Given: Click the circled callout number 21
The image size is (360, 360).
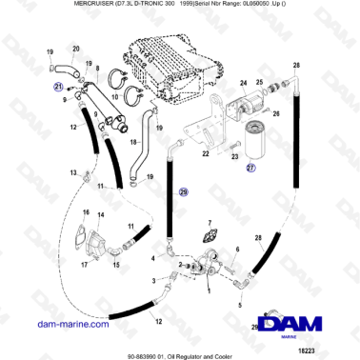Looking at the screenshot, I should [x=57, y=86].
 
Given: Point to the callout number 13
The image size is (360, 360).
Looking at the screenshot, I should [x=71, y=171].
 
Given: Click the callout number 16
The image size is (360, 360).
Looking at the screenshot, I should [x=85, y=212].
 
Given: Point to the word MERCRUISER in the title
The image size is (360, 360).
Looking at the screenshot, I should [x=48, y=5].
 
